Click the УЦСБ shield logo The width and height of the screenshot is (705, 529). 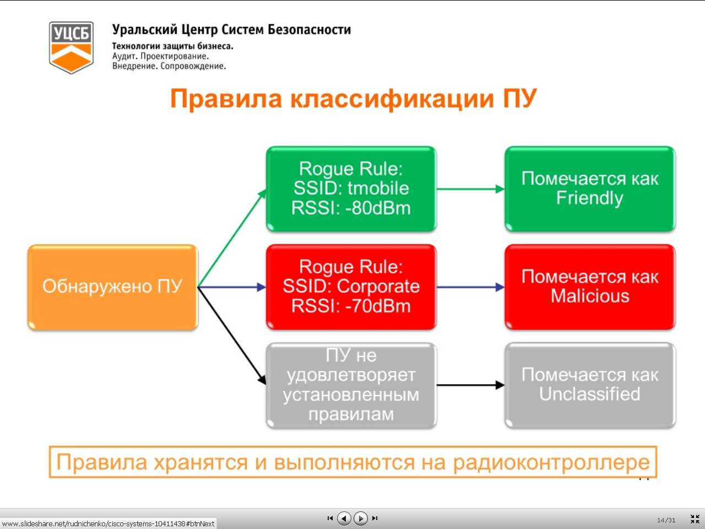[71, 47]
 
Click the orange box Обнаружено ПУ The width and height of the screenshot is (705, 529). [113, 287]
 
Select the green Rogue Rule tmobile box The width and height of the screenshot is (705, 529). [351, 189]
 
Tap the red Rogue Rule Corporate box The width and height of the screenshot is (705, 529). [351, 287]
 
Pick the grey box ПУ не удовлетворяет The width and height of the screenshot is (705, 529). [351, 385]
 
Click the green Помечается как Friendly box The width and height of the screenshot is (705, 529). [590, 189]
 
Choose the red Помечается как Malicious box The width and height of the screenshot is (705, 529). [590, 287]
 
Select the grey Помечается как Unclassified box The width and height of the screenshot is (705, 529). [590, 385]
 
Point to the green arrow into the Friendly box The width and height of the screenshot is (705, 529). [470, 189]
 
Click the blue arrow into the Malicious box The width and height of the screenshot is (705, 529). [470, 287]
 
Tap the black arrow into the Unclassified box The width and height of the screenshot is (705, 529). [470, 385]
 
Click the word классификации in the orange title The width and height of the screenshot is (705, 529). [392, 99]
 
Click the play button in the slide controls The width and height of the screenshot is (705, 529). [360, 519]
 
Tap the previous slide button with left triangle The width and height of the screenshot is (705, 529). [344, 519]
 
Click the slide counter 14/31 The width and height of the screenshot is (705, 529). [666, 520]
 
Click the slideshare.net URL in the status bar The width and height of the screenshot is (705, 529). [108, 524]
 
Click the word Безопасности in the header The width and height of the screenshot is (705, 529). [310, 30]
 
